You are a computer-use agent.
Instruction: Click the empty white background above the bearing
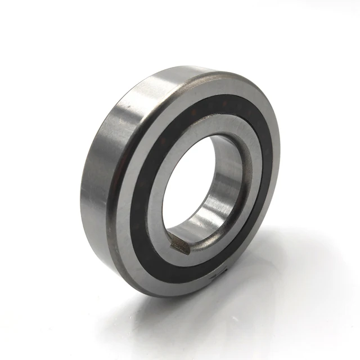[180, 28]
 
